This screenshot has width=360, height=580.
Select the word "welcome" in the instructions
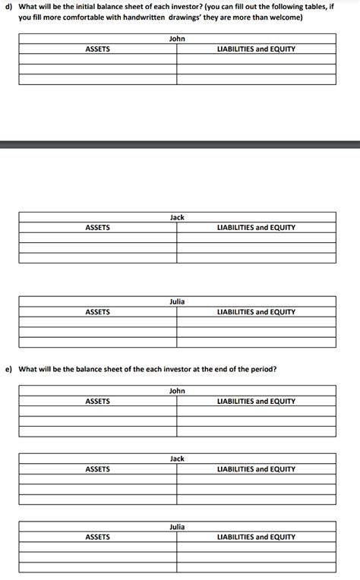click(x=280, y=17)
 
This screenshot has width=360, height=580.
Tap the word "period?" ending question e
click(x=263, y=370)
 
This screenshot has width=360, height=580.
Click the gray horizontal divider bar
click(x=180, y=144)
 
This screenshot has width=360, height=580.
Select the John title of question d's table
click(x=177, y=39)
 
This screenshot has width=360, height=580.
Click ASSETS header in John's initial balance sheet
click(x=97, y=49)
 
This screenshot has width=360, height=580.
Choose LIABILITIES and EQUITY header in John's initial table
click(x=256, y=49)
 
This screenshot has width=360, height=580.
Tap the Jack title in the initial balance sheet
click(x=177, y=218)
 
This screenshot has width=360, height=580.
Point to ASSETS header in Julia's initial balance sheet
click(x=97, y=312)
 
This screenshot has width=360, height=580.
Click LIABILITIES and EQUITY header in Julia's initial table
click(x=256, y=312)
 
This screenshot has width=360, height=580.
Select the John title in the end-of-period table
click(x=177, y=391)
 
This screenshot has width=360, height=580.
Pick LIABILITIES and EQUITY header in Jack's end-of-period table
click(x=256, y=469)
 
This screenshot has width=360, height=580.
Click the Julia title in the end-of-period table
click(x=177, y=527)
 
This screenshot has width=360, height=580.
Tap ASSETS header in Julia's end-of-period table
click(x=97, y=537)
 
